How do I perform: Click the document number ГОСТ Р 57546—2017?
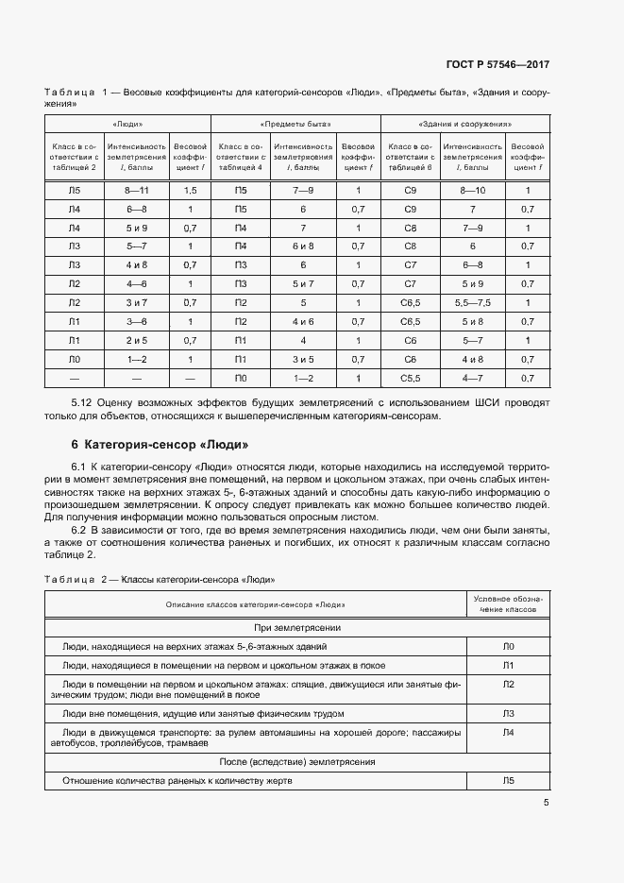[498, 64]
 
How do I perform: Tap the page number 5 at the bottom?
[547, 803]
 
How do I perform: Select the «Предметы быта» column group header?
[295, 125]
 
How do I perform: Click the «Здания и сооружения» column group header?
[464, 125]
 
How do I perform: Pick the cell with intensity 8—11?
[137, 190]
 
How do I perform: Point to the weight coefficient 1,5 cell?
[190, 190]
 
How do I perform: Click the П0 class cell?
[240, 378]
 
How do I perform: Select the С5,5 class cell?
[410, 378]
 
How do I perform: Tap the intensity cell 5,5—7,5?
[472, 303]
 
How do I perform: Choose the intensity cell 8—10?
[472, 190]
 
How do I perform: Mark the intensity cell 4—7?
[472, 378]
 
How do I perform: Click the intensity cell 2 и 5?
[137, 340]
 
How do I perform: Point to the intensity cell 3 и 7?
[137, 303]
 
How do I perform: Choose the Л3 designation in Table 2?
[508, 713]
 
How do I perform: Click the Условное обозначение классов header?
[508, 604]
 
